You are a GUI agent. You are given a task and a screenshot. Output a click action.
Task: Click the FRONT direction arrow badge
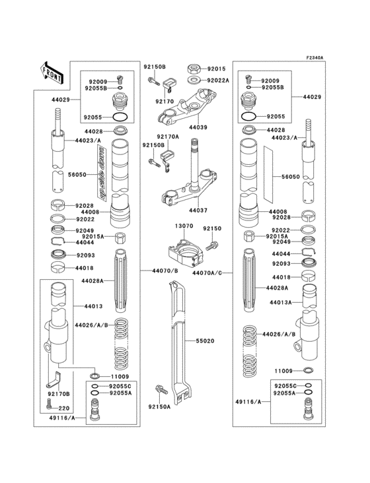(52, 72)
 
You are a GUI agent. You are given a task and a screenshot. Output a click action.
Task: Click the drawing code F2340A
(314, 58)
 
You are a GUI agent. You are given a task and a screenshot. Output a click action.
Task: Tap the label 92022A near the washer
(218, 80)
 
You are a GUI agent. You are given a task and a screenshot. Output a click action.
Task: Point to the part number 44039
(198, 127)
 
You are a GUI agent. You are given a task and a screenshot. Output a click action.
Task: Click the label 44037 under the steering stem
(198, 210)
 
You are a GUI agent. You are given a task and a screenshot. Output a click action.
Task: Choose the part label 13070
(184, 226)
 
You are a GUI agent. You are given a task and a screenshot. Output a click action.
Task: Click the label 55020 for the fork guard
(205, 342)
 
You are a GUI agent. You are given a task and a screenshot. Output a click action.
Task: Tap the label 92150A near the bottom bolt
(159, 407)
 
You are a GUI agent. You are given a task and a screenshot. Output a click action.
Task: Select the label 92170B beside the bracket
(59, 394)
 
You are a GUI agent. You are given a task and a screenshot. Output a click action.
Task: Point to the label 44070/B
(165, 271)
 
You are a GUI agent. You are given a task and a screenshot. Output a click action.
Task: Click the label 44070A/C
(207, 271)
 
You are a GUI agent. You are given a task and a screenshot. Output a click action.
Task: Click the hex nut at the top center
(194, 68)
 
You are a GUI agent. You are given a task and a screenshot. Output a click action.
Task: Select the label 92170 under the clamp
(164, 102)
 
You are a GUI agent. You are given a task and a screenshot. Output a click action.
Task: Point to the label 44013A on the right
(281, 302)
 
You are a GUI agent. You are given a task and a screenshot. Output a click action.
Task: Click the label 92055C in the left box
(120, 385)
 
